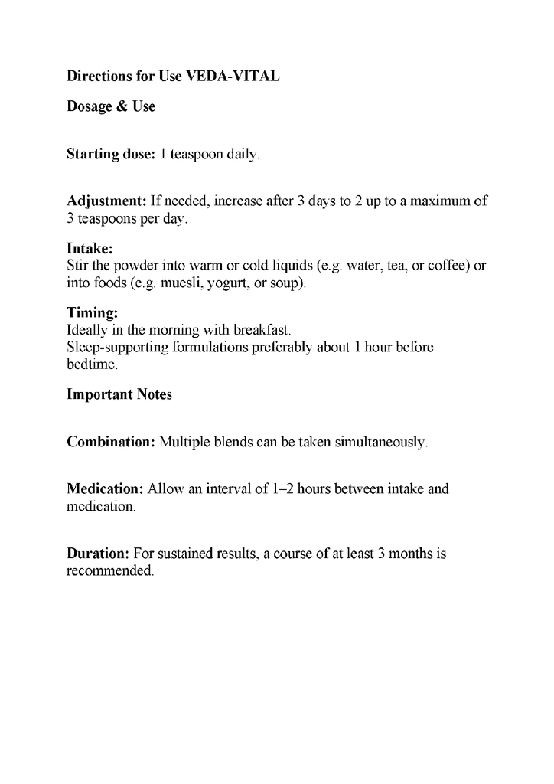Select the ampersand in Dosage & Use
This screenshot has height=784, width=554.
(x=121, y=106)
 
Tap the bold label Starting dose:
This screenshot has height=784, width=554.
(x=111, y=154)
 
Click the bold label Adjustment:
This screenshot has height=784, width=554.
(x=107, y=201)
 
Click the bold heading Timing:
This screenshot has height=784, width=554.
(x=92, y=312)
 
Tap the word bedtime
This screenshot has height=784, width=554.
(x=92, y=365)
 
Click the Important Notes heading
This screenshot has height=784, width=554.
(x=119, y=394)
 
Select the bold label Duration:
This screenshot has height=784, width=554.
(x=98, y=553)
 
